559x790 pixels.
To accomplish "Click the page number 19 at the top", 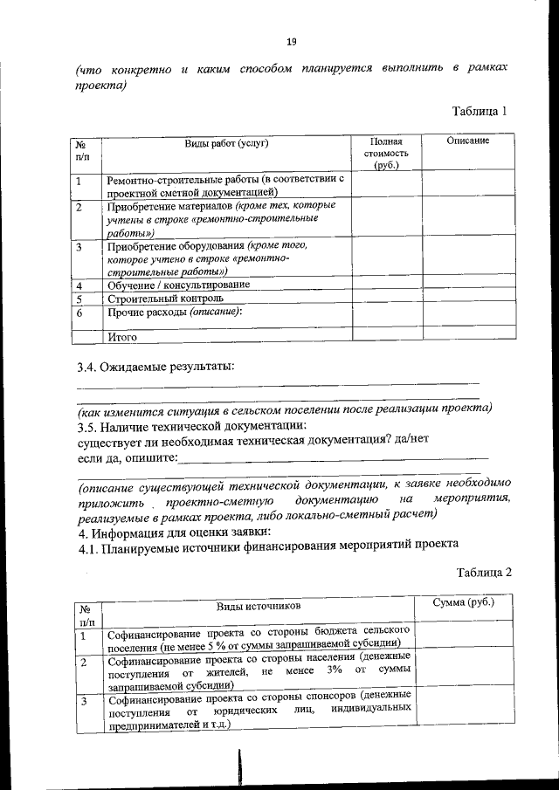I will point(292,41).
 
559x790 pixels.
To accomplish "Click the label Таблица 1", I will point(480,111).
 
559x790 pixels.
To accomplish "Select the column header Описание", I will point(467,141).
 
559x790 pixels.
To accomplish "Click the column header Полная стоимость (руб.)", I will point(385,153).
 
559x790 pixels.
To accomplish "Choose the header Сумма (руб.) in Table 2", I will point(463,602).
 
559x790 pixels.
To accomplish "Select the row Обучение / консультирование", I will point(178,285).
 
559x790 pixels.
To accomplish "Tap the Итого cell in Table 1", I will point(122,336).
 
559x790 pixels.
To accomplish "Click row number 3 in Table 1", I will point(79,247).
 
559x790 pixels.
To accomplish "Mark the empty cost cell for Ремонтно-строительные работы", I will point(385,184).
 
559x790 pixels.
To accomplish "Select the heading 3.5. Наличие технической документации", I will point(191,425).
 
